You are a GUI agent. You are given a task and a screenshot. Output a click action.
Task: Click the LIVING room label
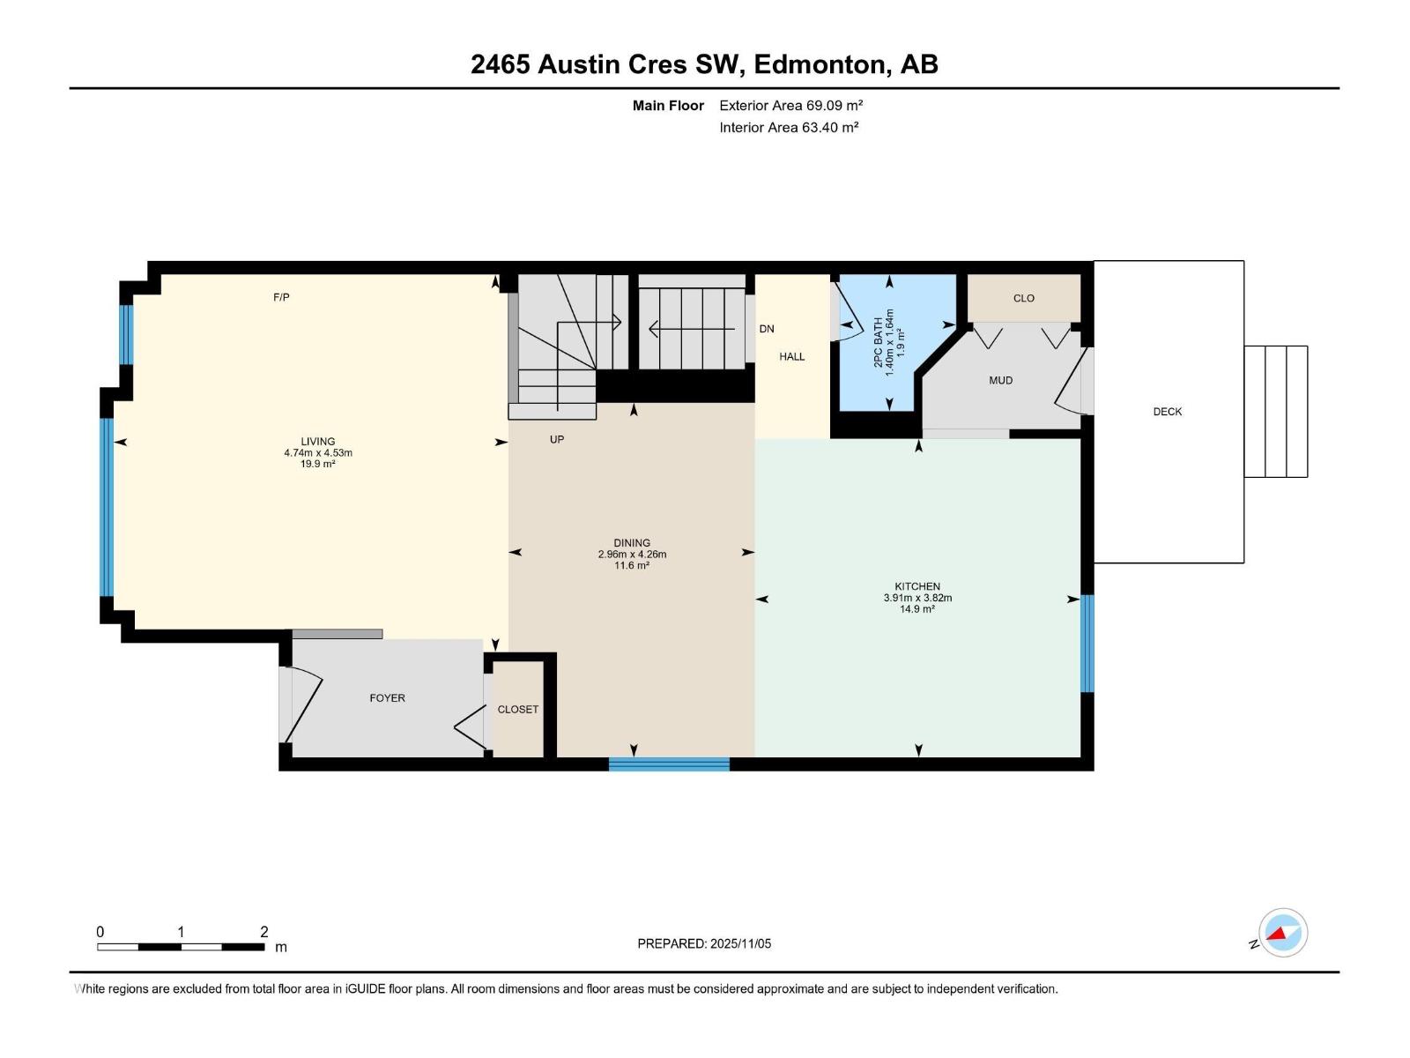pyautogui.click(x=317, y=442)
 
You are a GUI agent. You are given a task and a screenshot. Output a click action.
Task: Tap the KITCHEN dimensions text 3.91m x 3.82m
pyautogui.click(x=917, y=598)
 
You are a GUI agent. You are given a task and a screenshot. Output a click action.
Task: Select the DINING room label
pyautogui.click(x=632, y=543)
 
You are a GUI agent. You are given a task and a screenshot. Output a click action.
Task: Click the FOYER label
pyautogui.click(x=387, y=698)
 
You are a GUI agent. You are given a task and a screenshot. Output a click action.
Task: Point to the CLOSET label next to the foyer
pyautogui.click(x=517, y=710)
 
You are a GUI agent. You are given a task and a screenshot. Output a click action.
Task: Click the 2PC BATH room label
pyautogui.click(x=878, y=342)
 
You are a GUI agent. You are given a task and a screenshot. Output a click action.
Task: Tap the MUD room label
pyautogui.click(x=1000, y=381)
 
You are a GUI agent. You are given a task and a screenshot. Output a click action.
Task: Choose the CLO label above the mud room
pyautogui.click(x=1023, y=298)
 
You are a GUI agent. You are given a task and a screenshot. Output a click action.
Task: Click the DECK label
pyautogui.click(x=1167, y=412)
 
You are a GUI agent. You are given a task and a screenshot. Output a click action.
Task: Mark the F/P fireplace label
pyautogui.click(x=281, y=298)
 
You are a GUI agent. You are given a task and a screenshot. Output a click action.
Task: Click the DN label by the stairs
pyautogui.click(x=767, y=329)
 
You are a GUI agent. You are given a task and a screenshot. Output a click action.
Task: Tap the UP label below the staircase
pyautogui.click(x=557, y=439)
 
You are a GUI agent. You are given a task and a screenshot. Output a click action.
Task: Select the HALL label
pyautogui.click(x=791, y=357)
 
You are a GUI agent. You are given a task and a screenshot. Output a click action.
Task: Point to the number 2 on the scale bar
pyautogui.click(x=263, y=932)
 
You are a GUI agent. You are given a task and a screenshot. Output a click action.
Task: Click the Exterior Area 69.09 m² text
pyautogui.click(x=790, y=106)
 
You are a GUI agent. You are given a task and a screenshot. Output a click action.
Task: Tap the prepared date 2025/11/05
pyautogui.click(x=740, y=943)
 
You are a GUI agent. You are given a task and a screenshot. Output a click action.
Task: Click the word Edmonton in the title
pyautogui.click(x=820, y=64)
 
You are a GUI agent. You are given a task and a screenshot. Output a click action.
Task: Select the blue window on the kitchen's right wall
pyautogui.click(x=1087, y=644)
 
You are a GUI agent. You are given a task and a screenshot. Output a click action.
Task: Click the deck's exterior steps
pyautogui.click(x=1275, y=412)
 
